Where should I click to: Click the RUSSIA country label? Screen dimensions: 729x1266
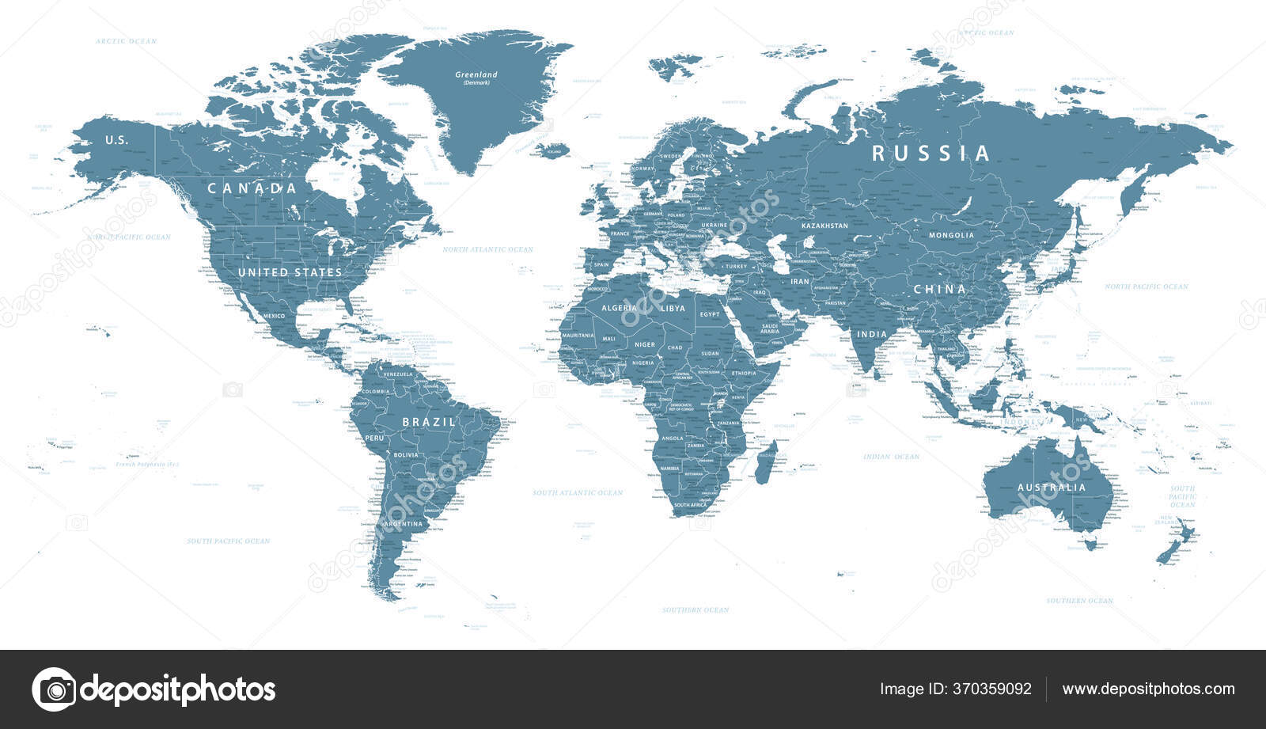click(x=931, y=153)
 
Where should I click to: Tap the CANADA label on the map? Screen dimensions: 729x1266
click(x=252, y=188)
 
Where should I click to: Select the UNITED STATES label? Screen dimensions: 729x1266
click(x=290, y=272)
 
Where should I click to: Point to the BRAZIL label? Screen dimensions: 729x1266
click(x=429, y=422)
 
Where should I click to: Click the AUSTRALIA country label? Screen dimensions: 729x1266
click(x=1052, y=488)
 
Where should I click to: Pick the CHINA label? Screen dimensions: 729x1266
click(x=940, y=290)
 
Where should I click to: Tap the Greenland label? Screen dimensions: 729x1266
click(x=476, y=74)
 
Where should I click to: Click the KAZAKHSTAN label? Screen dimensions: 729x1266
click(x=824, y=226)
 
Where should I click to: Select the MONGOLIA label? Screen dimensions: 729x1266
click(x=951, y=235)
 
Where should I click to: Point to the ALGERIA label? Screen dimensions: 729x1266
click(x=619, y=308)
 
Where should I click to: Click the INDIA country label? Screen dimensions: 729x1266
click(x=873, y=334)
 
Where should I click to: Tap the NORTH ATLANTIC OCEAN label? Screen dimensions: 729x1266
click(x=487, y=249)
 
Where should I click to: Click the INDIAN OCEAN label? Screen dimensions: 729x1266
click(x=891, y=457)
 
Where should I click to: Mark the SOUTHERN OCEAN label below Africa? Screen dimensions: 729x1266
click(x=696, y=609)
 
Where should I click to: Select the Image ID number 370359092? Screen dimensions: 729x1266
click(x=994, y=689)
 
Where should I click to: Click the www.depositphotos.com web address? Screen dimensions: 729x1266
click(x=1148, y=689)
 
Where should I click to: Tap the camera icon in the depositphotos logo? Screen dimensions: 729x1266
click(x=54, y=689)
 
